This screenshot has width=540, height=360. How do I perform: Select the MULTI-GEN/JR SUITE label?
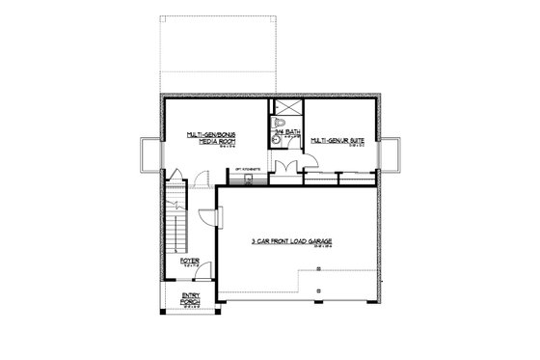(x=337, y=139)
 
